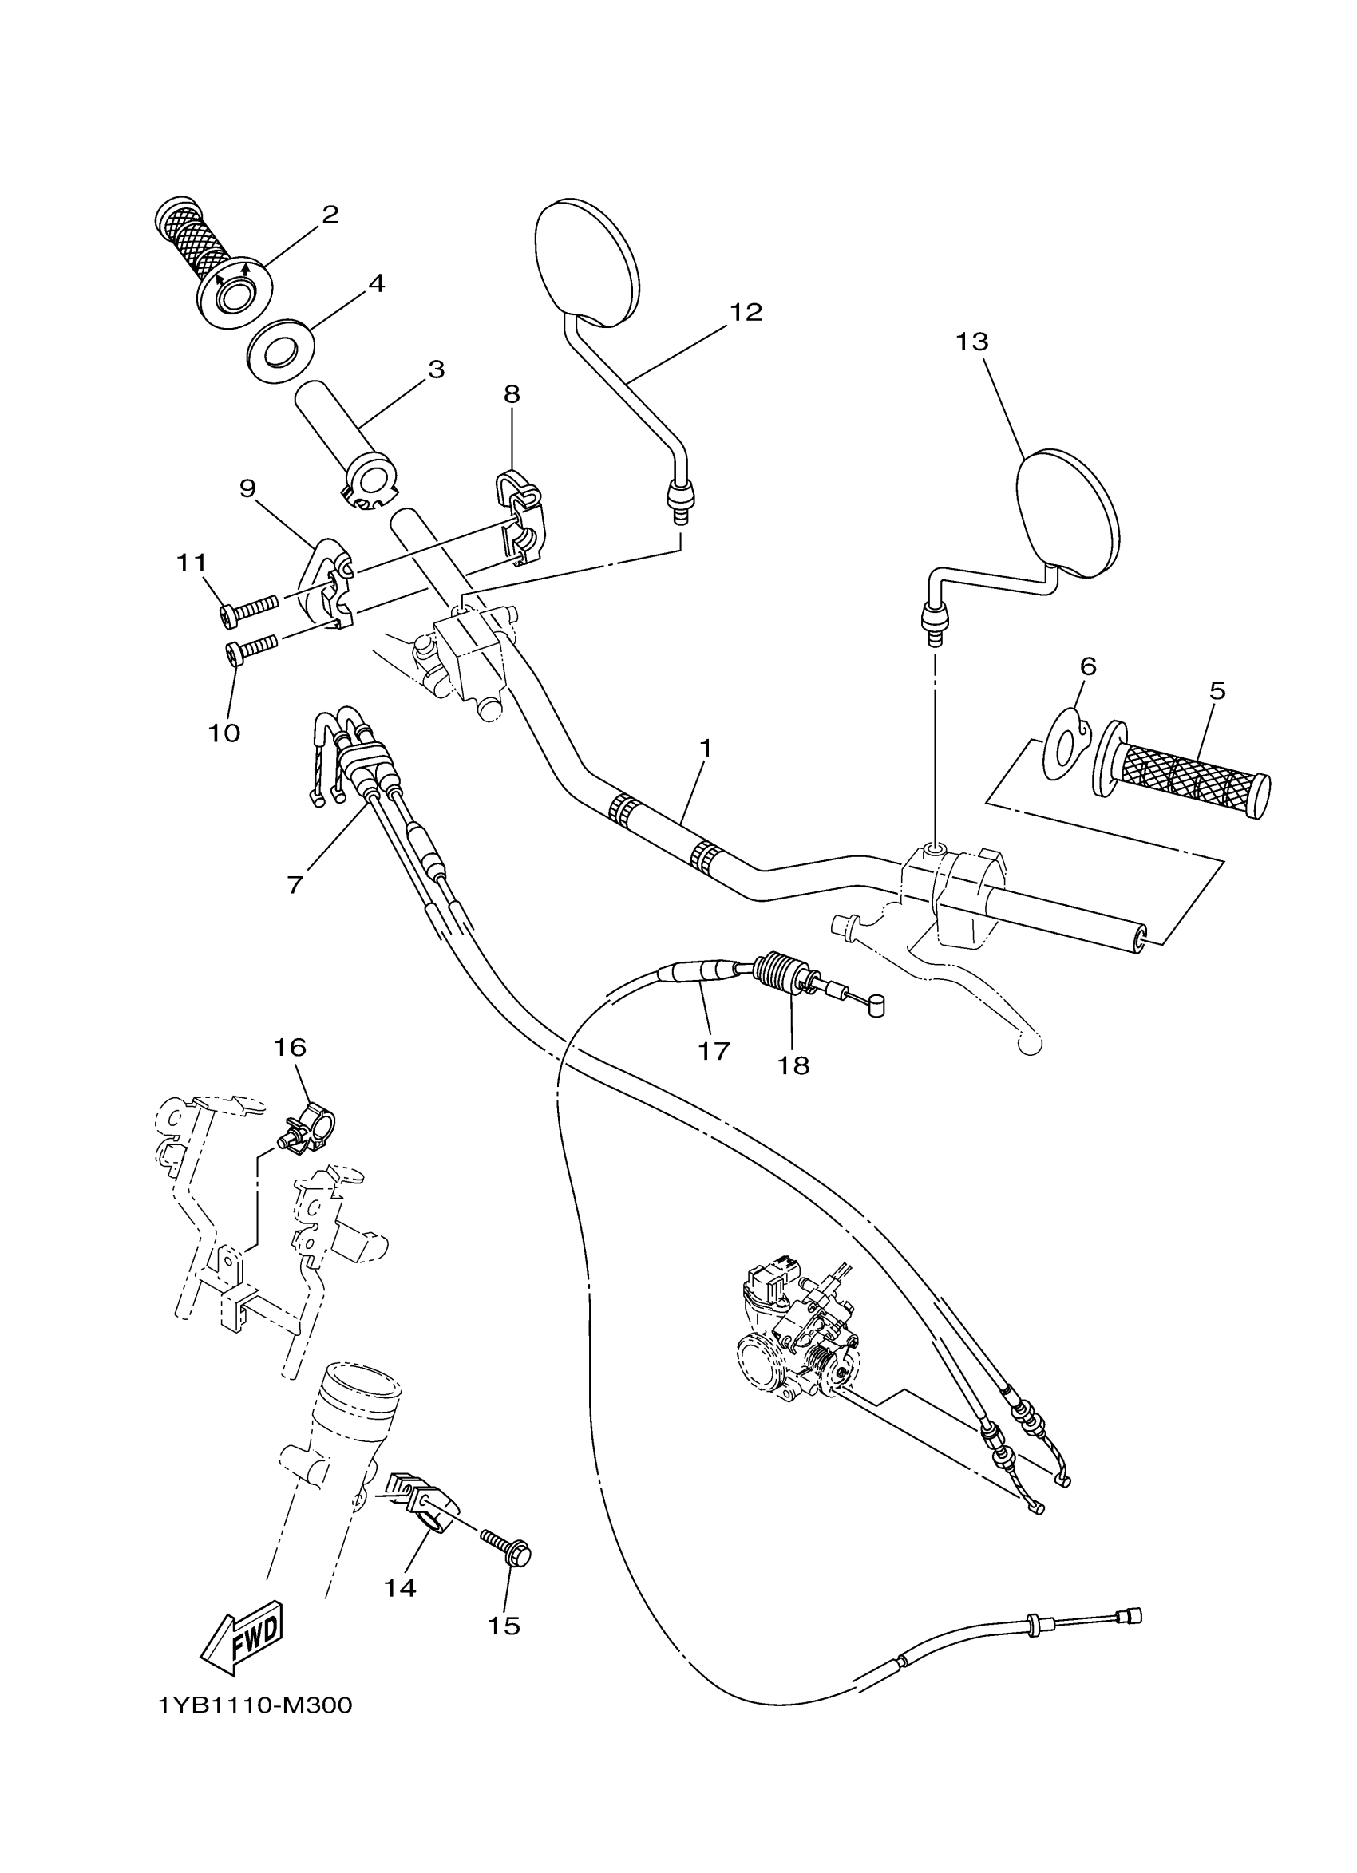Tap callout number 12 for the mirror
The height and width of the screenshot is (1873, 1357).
[x=745, y=312]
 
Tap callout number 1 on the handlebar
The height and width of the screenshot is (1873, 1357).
[x=705, y=749]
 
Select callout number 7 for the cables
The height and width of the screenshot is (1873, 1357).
[x=295, y=884]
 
